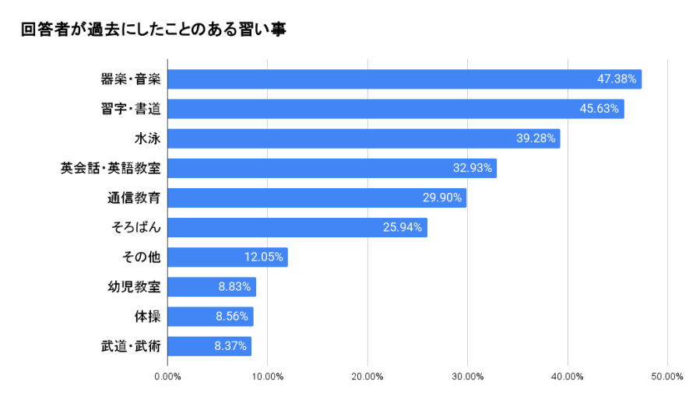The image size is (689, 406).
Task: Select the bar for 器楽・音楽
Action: click(404, 79)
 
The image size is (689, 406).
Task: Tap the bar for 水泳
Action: click(364, 138)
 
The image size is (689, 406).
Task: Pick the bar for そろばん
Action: click(297, 228)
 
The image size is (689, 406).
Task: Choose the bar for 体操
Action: click(210, 317)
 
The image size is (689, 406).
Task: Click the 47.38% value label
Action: click(617, 79)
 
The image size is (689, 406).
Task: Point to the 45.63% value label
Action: click(599, 109)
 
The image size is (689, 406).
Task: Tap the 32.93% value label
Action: click(473, 168)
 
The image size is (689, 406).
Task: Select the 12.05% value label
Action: click(264, 257)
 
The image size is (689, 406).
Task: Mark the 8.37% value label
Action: click(230, 346)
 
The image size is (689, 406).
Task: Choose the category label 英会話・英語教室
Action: click(111, 168)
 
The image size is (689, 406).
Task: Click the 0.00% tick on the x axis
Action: click(167, 377)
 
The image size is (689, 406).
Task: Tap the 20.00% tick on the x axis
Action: click(367, 377)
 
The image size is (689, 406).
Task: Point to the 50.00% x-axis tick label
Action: click(667, 377)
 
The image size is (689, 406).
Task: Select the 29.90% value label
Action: click(442, 198)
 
